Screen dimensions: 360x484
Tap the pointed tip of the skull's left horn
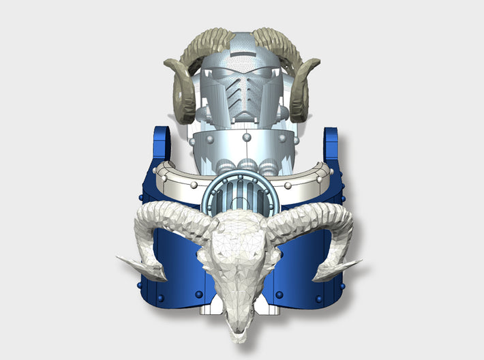click(x=120, y=259)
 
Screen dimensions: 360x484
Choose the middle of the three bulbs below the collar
click(x=243, y=166)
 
